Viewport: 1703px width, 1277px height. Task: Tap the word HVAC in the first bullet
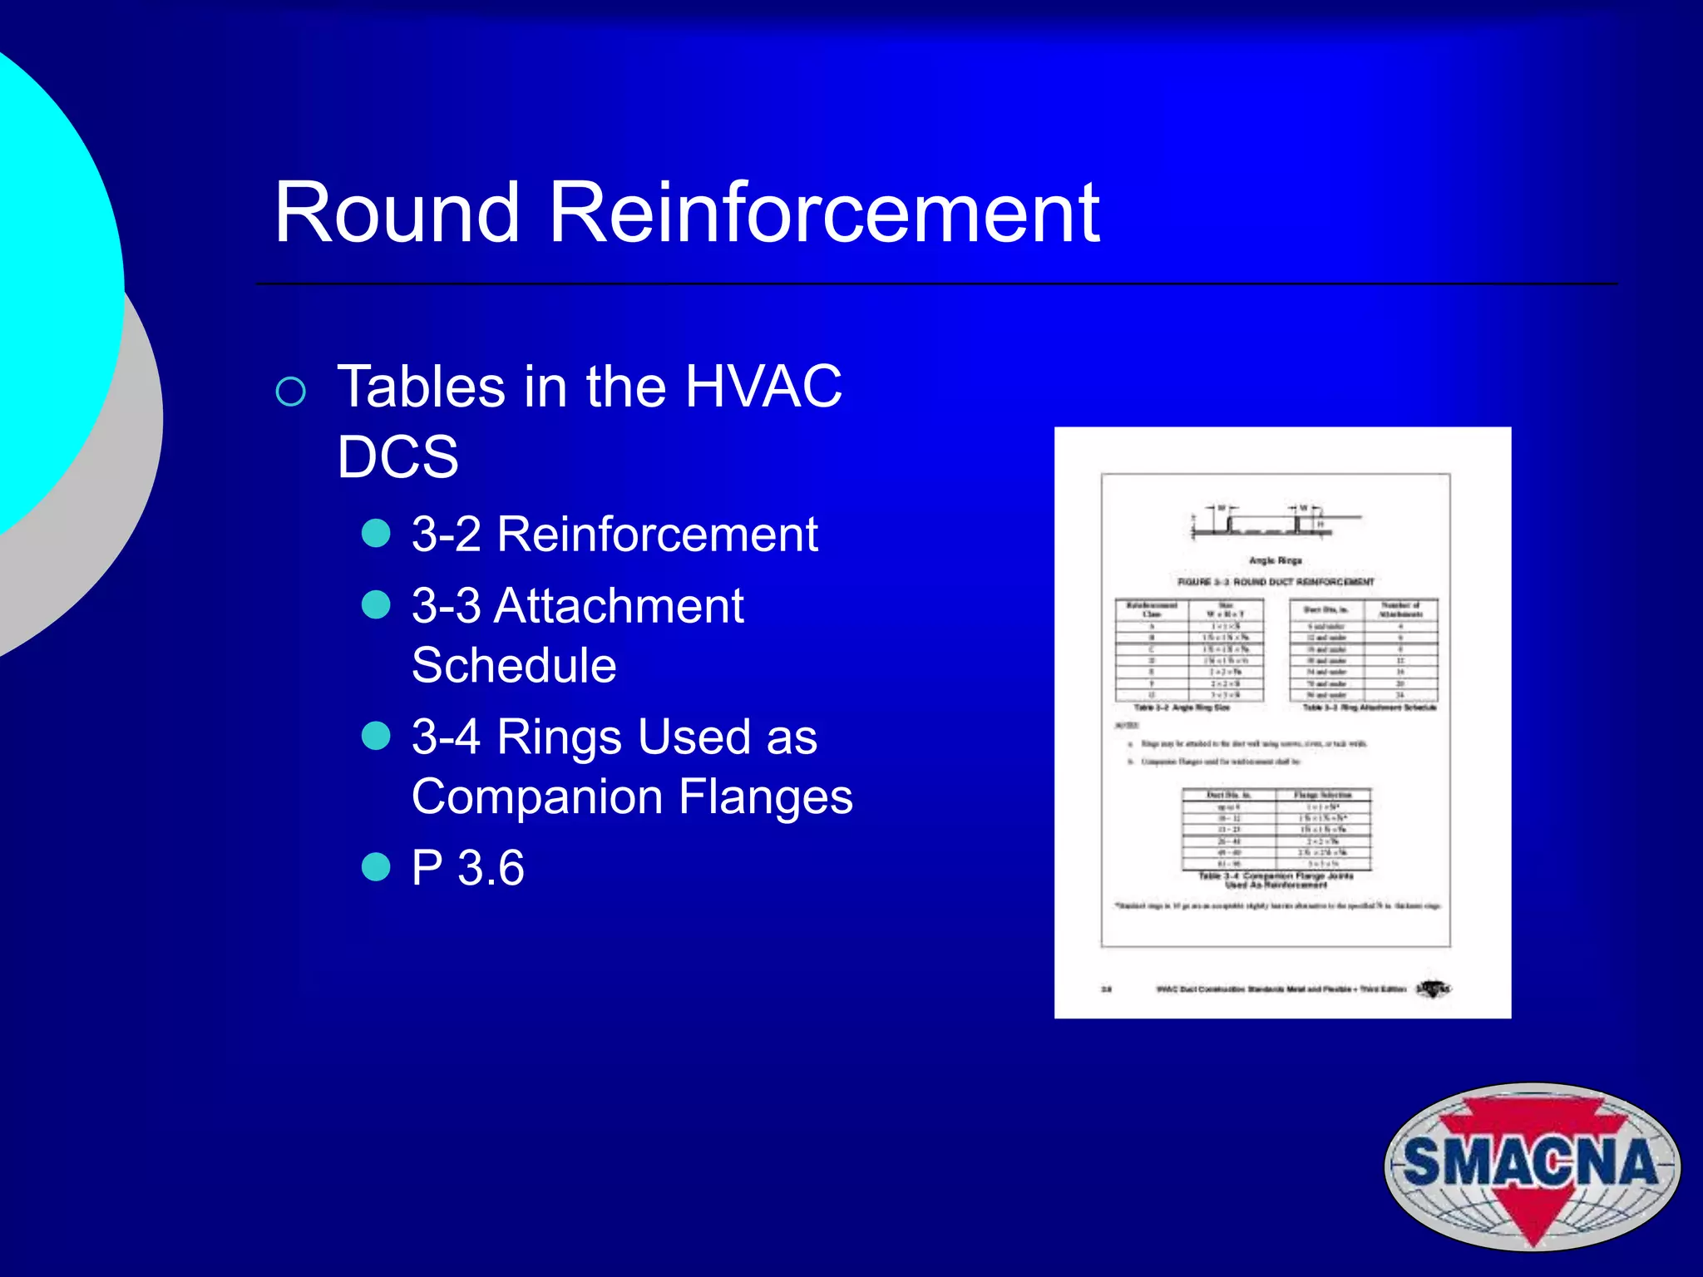pos(763,387)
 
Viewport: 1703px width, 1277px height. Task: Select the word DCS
pos(397,456)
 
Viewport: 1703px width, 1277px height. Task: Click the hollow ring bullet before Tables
pos(290,392)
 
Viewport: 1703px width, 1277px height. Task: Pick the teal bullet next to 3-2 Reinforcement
pos(376,534)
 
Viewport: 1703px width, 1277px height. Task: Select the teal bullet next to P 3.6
pos(376,867)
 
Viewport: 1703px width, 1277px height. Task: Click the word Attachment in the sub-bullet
pos(619,605)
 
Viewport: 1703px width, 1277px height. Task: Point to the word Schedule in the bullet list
pos(514,665)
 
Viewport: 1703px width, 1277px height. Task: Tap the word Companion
pos(536,796)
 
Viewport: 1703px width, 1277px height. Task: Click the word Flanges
pos(765,796)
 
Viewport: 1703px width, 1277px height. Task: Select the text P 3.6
pos(468,868)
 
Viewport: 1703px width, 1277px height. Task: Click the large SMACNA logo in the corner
pos(1532,1165)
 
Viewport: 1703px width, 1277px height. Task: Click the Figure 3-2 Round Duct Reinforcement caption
pos(1276,582)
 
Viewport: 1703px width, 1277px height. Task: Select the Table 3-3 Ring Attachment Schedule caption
pos(1369,708)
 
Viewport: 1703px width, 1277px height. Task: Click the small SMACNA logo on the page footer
pos(1432,989)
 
